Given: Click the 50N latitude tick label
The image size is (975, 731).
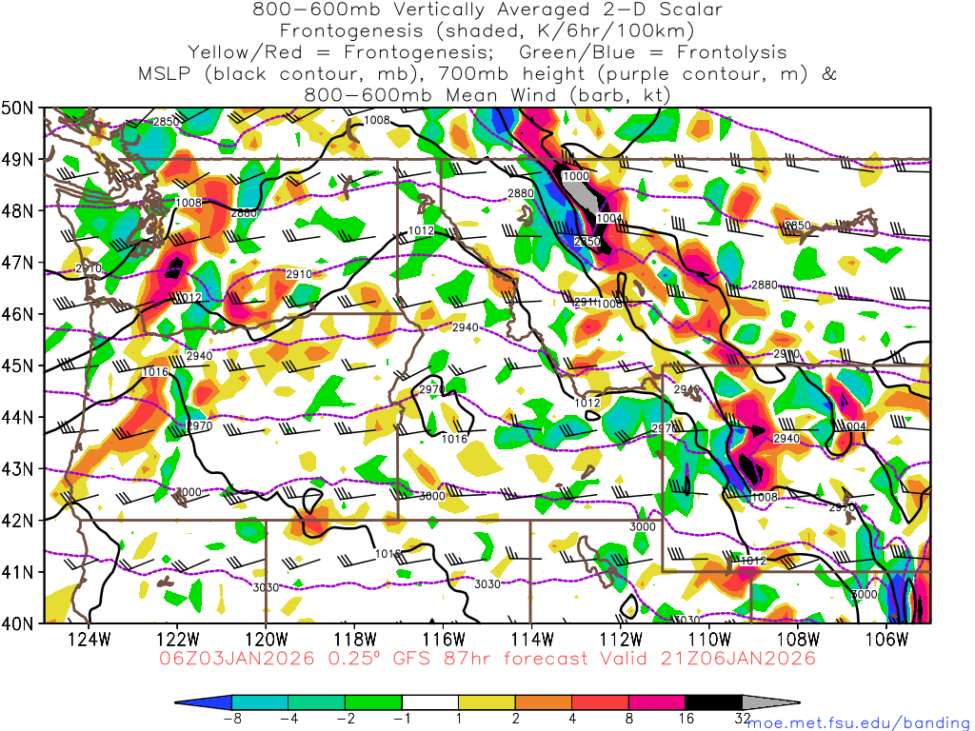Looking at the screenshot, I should point(18,108).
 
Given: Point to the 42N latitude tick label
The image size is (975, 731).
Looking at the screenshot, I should point(18,521).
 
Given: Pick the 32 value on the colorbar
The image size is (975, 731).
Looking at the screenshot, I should point(743,721).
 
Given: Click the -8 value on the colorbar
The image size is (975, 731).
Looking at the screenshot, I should point(231,721).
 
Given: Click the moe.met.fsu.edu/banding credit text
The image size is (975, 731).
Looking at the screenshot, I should point(859,722).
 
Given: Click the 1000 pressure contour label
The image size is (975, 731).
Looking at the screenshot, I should point(576,177).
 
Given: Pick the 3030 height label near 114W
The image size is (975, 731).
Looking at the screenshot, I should point(487,584).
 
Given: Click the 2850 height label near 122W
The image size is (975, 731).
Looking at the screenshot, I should point(167,122).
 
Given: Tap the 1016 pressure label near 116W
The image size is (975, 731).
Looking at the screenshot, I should point(455,439).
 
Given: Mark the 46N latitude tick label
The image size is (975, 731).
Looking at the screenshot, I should point(18,314).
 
